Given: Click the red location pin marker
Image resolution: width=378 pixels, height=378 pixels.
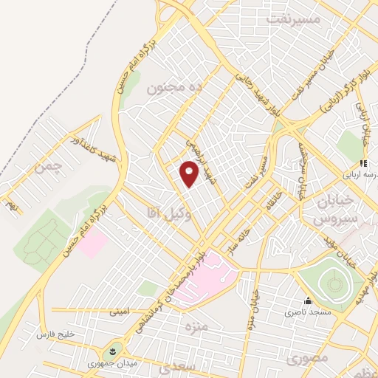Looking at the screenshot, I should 190,175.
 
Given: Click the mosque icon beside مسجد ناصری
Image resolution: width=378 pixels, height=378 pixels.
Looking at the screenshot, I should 307,301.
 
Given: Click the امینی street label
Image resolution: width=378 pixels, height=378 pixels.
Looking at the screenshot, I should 120,312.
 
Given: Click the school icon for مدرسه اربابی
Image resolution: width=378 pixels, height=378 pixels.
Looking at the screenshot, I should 362,163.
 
